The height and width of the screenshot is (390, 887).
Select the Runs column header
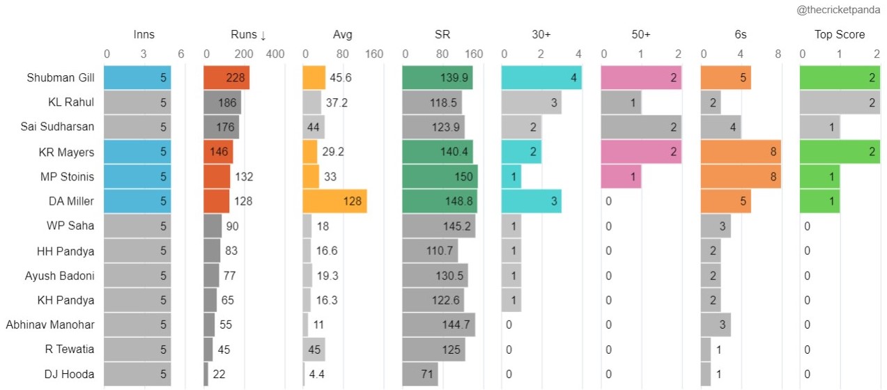tap(248, 35)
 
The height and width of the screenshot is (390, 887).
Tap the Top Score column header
tap(840, 35)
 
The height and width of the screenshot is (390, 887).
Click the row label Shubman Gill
tap(61, 77)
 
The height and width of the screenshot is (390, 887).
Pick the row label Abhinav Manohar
tap(49, 325)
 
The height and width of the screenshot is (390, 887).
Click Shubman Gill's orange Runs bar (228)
tap(226, 77)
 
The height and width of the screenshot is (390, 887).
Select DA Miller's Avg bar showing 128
tap(334, 201)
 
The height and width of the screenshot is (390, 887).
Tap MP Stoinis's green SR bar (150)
tap(440, 177)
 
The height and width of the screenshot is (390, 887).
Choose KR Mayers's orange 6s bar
tap(741, 152)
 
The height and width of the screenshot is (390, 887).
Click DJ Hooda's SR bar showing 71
tap(420, 374)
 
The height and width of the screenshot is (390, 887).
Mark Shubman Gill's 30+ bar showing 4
tap(541, 77)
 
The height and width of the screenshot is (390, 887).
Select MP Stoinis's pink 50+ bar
tap(621, 177)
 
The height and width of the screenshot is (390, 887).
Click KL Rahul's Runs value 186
tap(222, 102)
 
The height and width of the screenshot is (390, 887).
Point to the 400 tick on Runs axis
tap(275, 54)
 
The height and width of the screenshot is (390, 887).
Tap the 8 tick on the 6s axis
tap(778, 54)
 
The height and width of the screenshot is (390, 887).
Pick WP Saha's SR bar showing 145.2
tap(439, 226)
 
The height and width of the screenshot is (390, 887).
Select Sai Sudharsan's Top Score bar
tap(819, 127)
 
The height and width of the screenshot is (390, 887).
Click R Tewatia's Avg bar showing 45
tap(314, 350)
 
